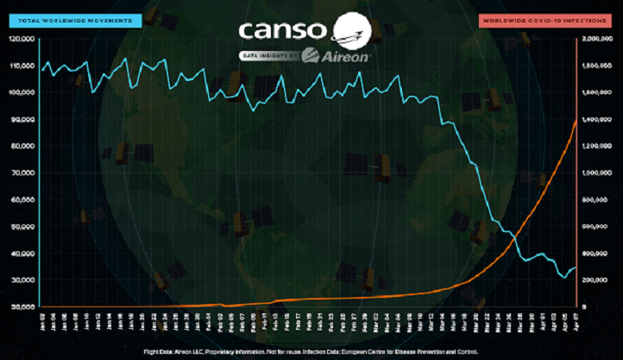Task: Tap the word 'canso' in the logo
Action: pos(282,31)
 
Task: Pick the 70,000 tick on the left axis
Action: pos(21,173)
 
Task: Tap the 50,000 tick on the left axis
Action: pos(21,226)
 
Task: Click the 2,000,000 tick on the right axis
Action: pos(598,39)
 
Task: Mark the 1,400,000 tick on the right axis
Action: pos(598,119)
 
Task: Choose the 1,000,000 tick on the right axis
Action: pos(598,173)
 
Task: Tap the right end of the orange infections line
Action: pos(576,120)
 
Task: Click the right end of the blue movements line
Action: pos(576,268)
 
